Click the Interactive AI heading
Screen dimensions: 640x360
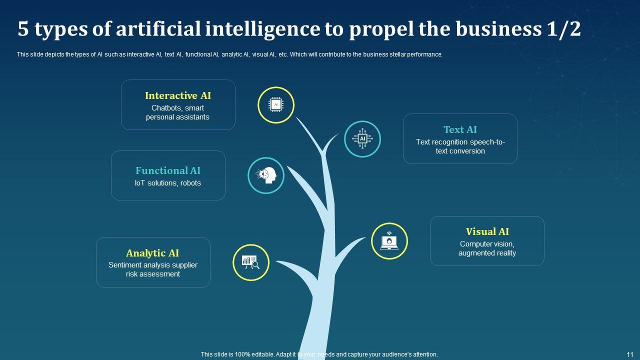coord(178,95)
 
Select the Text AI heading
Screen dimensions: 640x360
coord(460,129)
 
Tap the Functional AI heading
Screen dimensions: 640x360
coord(168,170)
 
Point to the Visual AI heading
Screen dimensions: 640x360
coord(487,231)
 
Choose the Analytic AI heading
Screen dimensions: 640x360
coord(152,253)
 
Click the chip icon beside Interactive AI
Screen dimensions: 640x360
coord(275,105)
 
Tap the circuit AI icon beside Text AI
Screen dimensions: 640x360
coord(362,138)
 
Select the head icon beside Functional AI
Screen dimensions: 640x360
coord(266,175)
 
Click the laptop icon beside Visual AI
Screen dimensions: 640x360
coord(389,241)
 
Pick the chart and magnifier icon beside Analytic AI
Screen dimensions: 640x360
coord(250,262)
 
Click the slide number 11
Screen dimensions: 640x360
coord(630,354)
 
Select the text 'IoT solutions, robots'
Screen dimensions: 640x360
coord(168,183)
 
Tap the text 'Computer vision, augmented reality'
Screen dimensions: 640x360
coord(487,248)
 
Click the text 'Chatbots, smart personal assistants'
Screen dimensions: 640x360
coord(178,112)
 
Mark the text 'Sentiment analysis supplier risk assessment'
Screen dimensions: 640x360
coord(152,269)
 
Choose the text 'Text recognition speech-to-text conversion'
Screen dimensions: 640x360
coord(460,146)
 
